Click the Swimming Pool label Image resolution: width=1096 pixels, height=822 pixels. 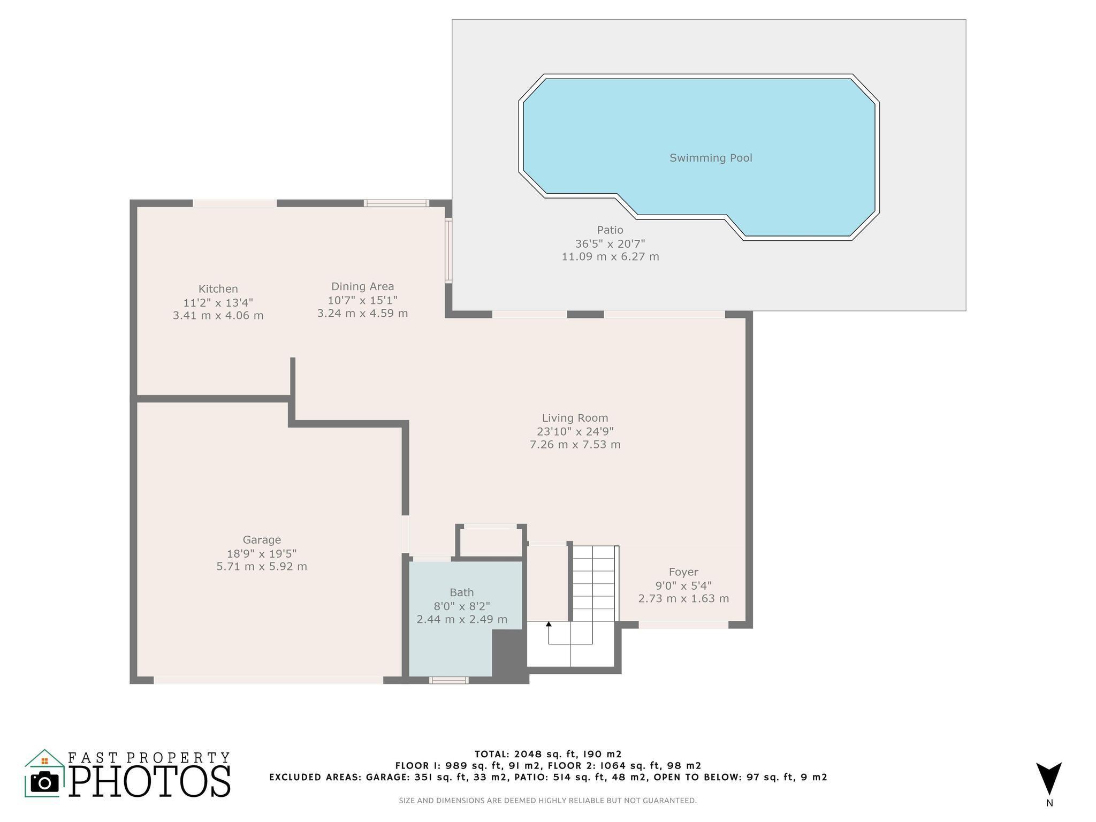click(711, 158)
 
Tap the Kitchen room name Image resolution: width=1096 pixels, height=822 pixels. click(218, 289)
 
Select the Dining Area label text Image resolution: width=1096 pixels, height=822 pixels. click(362, 287)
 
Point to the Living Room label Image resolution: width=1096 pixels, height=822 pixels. click(575, 418)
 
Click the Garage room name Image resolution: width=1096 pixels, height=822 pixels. click(262, 540)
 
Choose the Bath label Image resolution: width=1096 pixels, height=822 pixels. click(461, 592)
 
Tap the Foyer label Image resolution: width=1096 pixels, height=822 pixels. click(683, 572)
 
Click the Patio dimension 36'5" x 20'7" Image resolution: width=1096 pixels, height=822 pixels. click(610, 243)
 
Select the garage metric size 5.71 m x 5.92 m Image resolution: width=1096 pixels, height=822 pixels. click(262, 566)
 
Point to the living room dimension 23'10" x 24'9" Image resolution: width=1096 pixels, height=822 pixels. click(575, 431)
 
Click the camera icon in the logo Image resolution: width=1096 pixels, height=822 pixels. click(44, 782)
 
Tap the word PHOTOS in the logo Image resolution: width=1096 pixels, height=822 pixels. click(150, 781)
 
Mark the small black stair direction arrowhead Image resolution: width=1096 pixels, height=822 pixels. click(549, 624)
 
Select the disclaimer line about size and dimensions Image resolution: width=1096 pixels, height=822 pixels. click(547, 801)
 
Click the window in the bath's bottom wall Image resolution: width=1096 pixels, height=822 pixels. click(448, 680)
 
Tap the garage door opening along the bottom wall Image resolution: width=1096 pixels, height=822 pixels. click(269, 680)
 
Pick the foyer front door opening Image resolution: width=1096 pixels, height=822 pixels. click(683, 625)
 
